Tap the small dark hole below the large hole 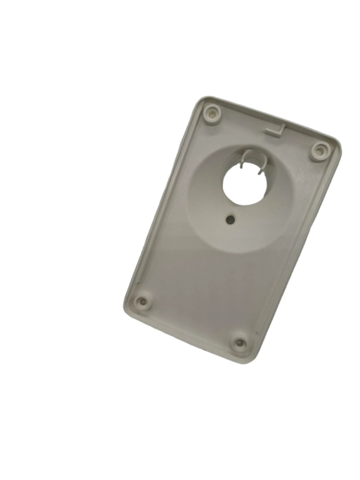(x=230, y=220)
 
